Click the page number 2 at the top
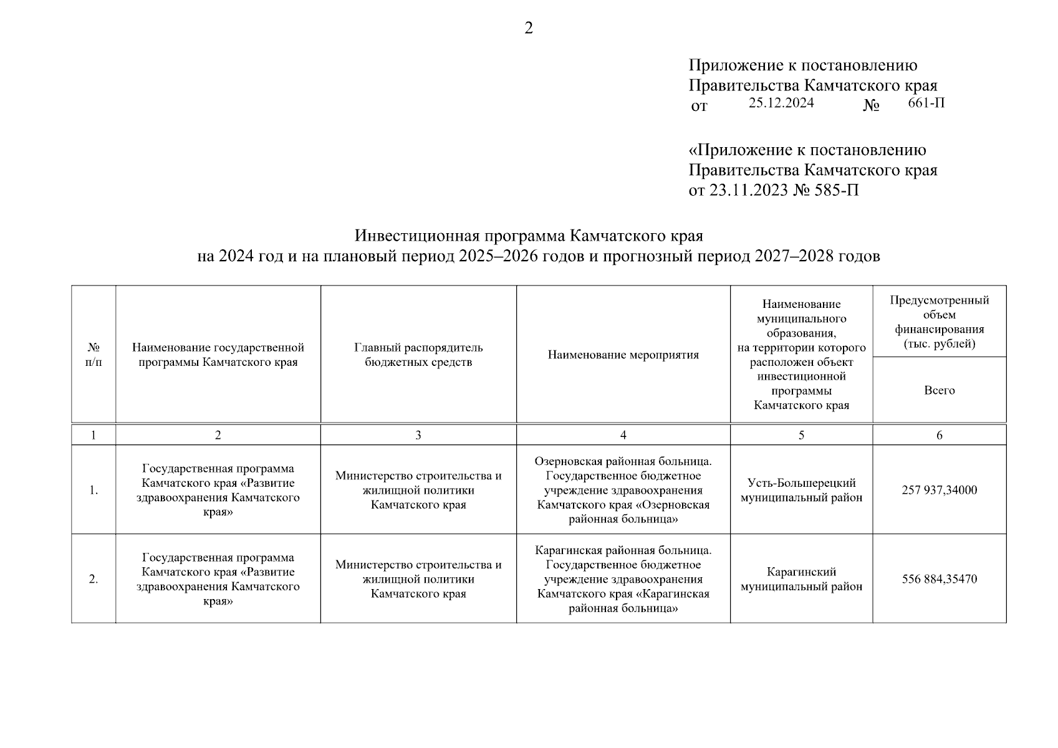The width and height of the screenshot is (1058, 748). pos(529,29)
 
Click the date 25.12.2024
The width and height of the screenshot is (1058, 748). pos(781,103)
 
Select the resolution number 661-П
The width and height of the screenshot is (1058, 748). pos(926,103)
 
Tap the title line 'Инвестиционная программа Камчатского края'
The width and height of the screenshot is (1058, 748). pos(529,236)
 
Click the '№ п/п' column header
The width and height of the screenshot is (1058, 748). pos(94,354)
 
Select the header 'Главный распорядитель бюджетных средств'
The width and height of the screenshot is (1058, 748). pos(418,355)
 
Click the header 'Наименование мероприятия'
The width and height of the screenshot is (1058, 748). pos(623,355)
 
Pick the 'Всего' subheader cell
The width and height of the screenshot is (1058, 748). pos(939,390)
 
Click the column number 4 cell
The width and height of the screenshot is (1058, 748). pos(623,435)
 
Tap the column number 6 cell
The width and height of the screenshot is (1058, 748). pos(939,435)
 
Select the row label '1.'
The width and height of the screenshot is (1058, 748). pos(94,490)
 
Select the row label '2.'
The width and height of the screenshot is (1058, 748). pos(94,579)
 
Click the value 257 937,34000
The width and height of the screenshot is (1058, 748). pos(939,490)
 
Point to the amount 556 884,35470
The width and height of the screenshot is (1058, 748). pos(939,579)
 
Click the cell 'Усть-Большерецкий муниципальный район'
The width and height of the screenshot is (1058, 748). pos(801,490)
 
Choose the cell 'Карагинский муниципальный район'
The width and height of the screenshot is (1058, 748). pos(801,579)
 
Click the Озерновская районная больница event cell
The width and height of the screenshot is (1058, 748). pos(623,490)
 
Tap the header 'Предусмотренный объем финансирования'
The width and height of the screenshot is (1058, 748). pos(939,322)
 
